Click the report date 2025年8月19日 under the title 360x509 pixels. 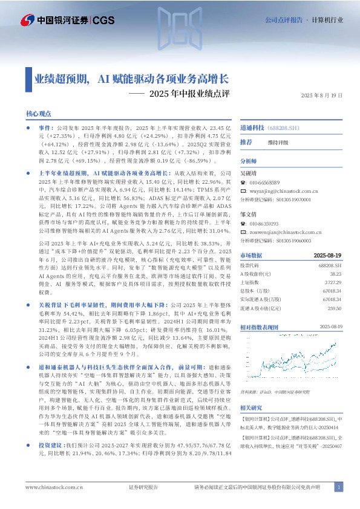pyautogui.click(x=321, y=96)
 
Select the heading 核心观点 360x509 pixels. pyautogui.click(x=39, y=114)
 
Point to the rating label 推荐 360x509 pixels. pyautogui.click(x=246, y=142)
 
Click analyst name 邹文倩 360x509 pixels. pyautogui.click(x=249, y=215)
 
